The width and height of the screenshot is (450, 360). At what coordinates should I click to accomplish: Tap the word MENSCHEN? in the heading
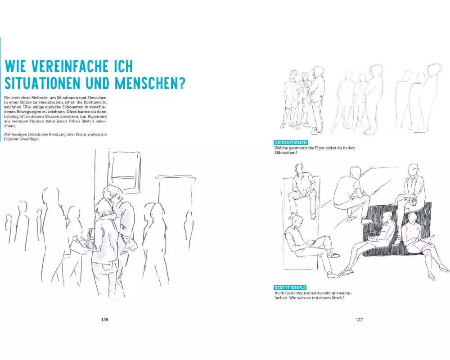pos(150,83)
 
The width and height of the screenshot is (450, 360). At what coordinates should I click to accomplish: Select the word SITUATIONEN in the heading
pos(42,83)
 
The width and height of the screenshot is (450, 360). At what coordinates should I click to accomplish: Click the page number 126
pos(105,319)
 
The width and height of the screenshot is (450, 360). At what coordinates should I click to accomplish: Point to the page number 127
pos(359,319)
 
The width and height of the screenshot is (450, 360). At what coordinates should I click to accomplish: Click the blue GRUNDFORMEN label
pos(291,143)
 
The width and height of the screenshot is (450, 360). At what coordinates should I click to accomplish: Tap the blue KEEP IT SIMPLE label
pos(290,288)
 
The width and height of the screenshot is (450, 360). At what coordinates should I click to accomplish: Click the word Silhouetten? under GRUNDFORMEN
pos(286,153)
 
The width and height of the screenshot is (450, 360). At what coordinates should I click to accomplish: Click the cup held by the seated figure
pos(413,202)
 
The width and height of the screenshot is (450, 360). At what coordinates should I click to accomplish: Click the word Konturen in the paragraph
pos(94,102)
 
